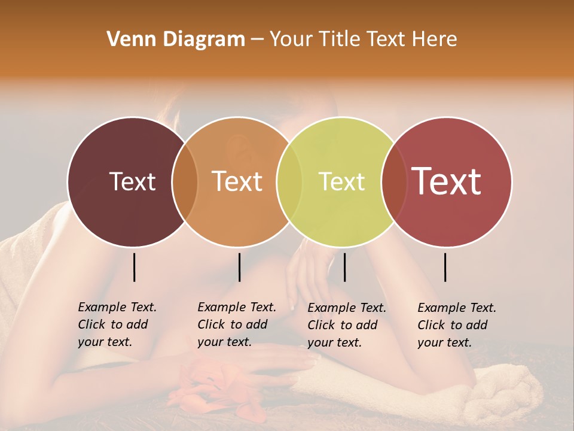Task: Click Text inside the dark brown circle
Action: click(x=132, y=181)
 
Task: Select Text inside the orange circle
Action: click(x=237, y=181)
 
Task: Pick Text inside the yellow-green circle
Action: click(x=341, y=181)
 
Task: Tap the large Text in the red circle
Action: click(x=447, y=181)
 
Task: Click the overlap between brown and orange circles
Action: click(x=185, y=181)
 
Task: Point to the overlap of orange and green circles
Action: click(x=289, y=181)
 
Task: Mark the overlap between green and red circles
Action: click(x=393, y=181)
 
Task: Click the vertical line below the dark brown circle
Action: click(x=134, y=267)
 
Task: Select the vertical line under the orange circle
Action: click(x=239, y=267)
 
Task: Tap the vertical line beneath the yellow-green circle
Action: click(x=344, y=267)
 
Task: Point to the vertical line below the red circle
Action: click(x=445, y=267)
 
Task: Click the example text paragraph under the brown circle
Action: click(x=117, y=324)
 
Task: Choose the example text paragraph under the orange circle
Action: click(x=236, y=324)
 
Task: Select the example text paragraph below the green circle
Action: click(x=346, y=325)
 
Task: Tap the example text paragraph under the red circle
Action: click(x=456, y=325)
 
